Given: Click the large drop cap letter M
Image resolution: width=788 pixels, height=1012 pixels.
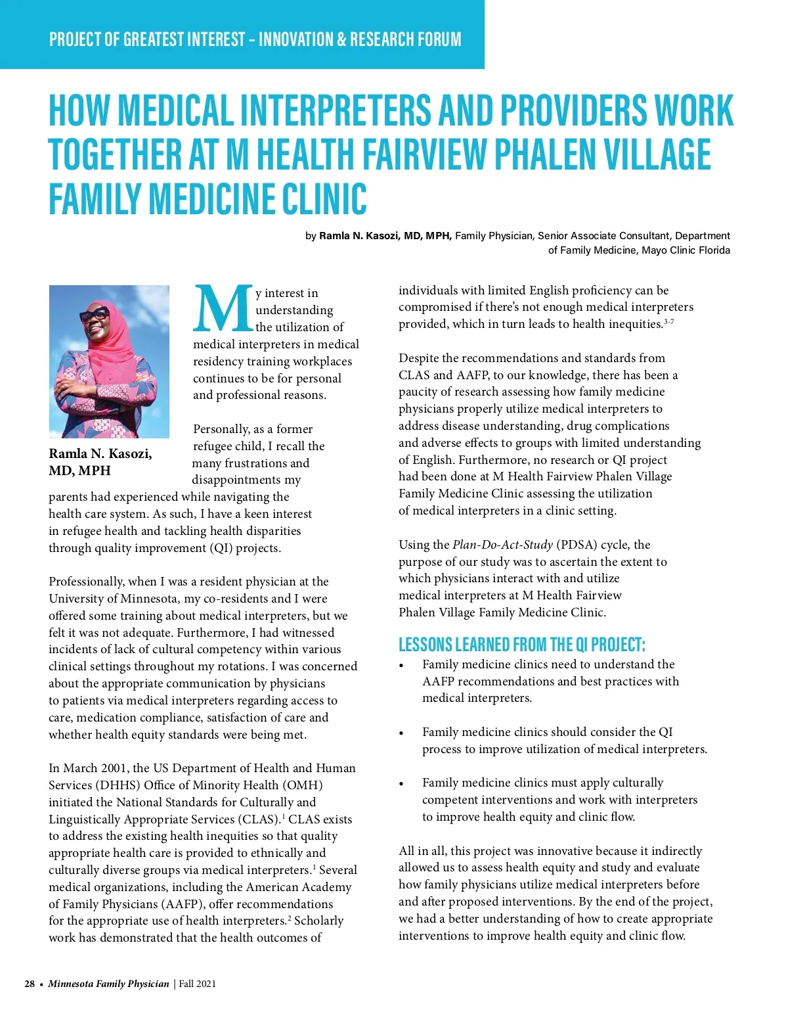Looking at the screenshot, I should [223, 309].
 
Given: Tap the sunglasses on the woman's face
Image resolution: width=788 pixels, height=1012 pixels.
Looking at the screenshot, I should [94, 315].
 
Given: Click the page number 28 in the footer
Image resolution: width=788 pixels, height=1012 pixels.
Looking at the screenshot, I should [30, 984].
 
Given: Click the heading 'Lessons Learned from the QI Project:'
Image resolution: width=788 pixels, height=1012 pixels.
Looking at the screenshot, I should [522, 644].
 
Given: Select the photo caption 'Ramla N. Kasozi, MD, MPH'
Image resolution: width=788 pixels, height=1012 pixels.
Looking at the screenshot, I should [100, 462].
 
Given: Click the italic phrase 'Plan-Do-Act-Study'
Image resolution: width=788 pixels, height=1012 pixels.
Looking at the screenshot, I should [502, 545].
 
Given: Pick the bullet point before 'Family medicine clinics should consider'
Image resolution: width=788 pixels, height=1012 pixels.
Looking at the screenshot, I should [401, 733].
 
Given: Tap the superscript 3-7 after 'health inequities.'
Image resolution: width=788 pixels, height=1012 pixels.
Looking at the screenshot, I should [669, 321].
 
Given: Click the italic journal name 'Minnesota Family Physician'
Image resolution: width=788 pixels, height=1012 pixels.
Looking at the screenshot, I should [108, 984].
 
